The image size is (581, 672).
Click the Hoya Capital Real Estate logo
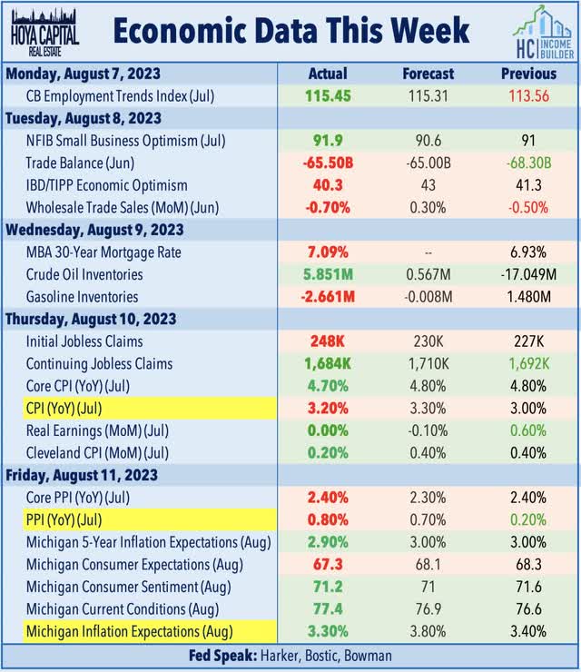point(44,30)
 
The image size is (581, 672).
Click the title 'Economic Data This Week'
point(290,30)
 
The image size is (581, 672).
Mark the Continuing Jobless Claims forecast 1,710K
point(427,364)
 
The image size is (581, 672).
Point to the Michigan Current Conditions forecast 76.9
point(427,609)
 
